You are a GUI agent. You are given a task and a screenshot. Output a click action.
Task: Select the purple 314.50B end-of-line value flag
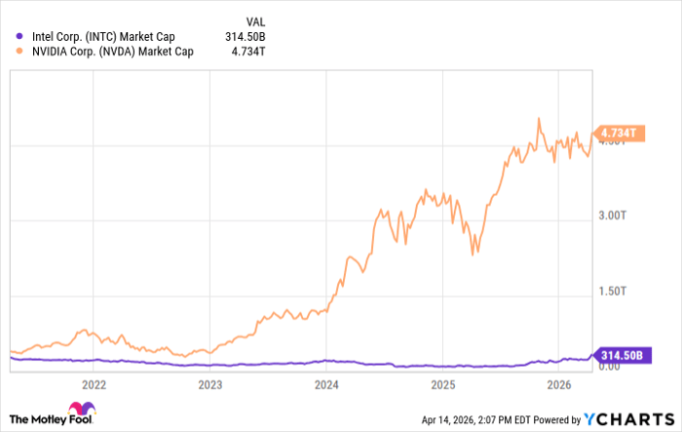pyautogui.click(x=621, y=356)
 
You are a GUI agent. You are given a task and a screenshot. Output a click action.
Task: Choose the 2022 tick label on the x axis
pyautogui.click(x=95, y=384)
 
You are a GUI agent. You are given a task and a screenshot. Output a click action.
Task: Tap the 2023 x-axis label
pyautogui.click(x=210, y=384)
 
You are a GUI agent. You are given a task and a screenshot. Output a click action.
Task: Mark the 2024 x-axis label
pyautogui.click(x=326, y=384)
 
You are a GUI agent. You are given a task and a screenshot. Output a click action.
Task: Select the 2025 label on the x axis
pyautogui.click(x=442, y=384)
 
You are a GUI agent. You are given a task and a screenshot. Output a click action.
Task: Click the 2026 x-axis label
pyautogui.click(x=558, y=384)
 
